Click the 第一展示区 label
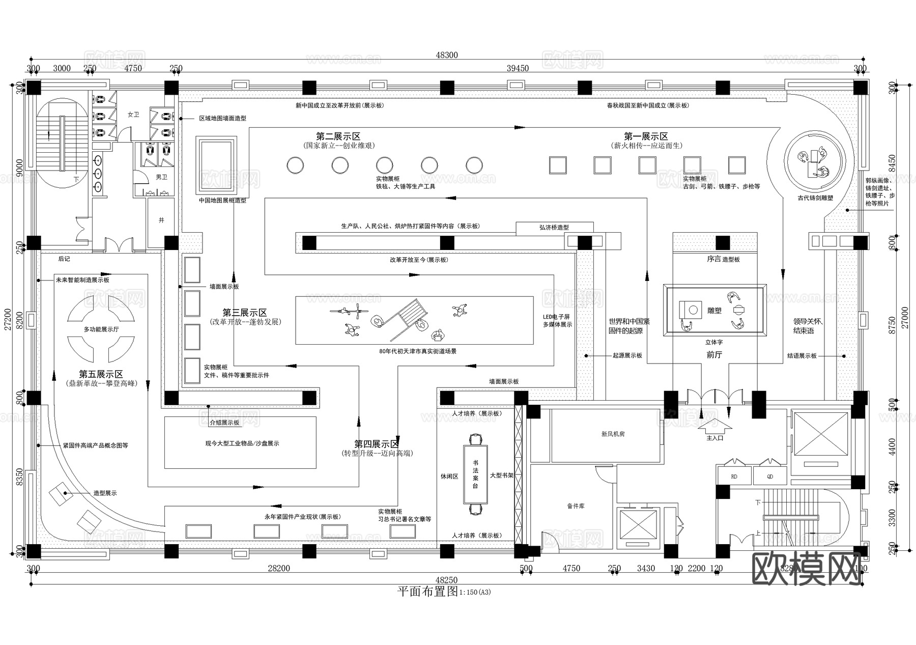click(x=646, y=136)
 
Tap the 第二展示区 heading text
click(x=338, y=136)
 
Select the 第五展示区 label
click(x=101, y=374)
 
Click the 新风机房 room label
click(x=613, y=434)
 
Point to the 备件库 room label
click(x=576, y=506)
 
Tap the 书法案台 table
click(x=475, y=474)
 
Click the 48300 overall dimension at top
click(x=447, y=55)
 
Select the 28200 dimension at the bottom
click(x=278, y=569)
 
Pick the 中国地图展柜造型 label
click(x=222, y=201)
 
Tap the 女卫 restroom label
click(x=133, y=115)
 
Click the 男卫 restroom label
click(x=161, y=177)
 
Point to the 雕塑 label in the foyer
click(x=714, y=310)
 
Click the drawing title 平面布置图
click(x=427, y=592)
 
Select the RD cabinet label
click(x=734, y=477)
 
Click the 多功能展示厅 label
click(x=101, y=329)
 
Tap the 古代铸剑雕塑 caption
click(x=815, y=198)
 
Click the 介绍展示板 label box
click(x=224, y=423)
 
